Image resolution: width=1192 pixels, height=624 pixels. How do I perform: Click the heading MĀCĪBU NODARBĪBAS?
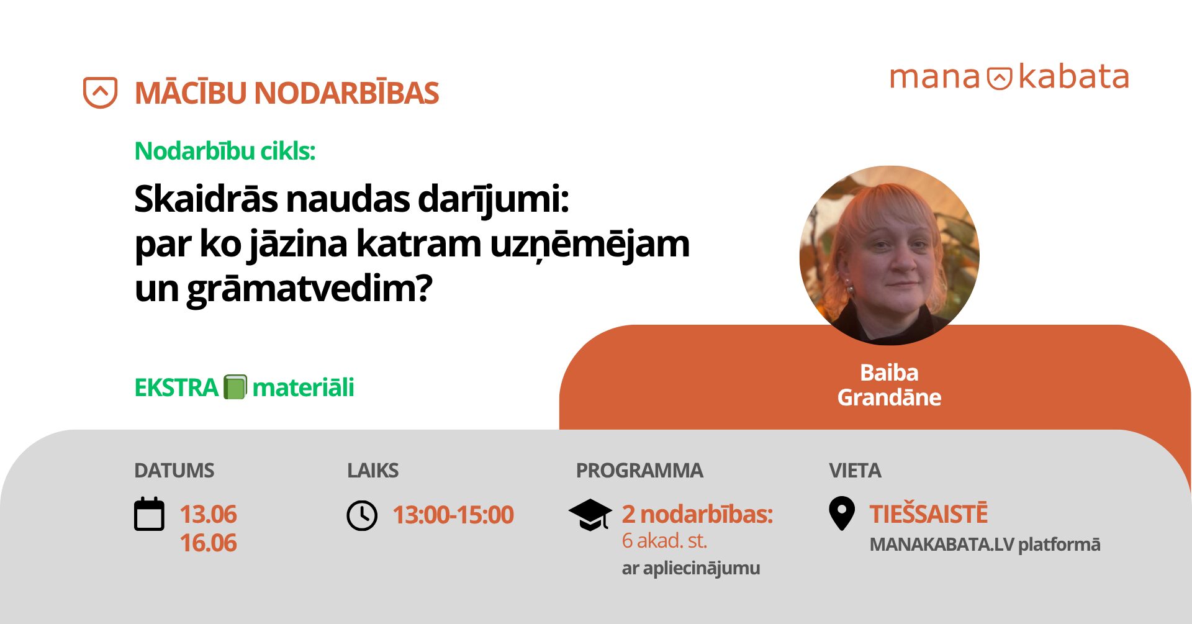click(287, 93)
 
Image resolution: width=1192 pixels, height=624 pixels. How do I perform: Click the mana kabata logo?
click(1009, 78)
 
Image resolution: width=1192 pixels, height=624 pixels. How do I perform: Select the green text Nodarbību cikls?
click(225, 151)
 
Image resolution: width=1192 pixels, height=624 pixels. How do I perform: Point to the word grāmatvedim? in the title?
click(309, 289)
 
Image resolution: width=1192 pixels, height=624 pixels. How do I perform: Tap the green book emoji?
click(235, 387)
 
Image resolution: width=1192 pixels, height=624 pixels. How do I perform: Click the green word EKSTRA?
click(176, 387)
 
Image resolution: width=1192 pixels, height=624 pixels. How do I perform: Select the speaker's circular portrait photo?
click(889, 255)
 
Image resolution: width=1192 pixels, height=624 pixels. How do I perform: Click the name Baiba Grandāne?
click(889, 385)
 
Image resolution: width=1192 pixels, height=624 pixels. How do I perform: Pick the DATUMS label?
click(174, 471)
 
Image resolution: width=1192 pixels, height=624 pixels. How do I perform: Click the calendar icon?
click(150, 514)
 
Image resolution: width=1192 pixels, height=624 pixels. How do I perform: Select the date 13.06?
click(208, 514)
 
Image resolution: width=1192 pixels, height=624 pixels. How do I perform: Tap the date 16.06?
click(208, 543)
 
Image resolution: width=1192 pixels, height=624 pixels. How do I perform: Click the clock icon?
click(362, 515)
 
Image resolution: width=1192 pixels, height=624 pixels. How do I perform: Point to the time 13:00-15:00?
click(453, 515)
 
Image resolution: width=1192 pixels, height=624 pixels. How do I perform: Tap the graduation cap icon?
click(590, 515)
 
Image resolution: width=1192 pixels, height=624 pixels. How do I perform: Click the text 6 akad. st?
click(664, 541)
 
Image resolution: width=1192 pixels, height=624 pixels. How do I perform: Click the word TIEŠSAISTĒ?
click(928, 514)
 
